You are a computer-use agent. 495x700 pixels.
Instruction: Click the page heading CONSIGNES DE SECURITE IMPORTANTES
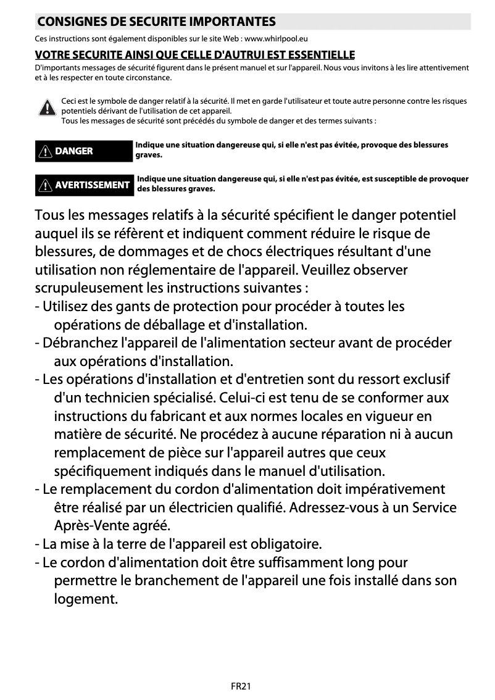tap(156, 22)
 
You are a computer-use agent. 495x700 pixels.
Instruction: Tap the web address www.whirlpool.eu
tap(281, 39)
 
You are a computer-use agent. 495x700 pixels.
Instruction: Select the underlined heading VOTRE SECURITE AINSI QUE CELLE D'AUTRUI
tap(195, 55)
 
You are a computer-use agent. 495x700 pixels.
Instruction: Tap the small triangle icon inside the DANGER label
tap(47, 151)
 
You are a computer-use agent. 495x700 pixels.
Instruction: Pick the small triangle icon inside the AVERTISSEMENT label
tap(47, 185)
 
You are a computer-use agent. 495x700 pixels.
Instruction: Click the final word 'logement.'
tap(86, 599)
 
